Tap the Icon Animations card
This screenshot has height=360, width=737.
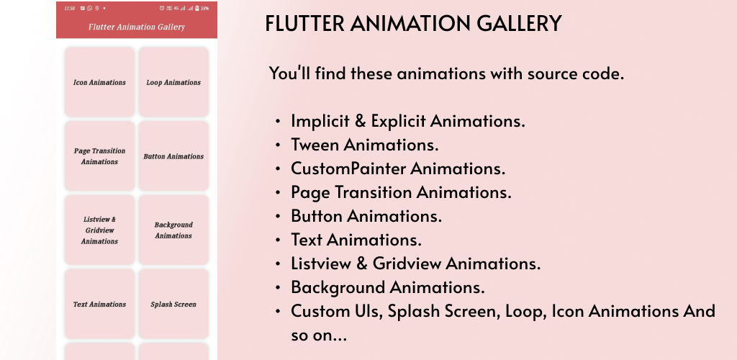click(99, 82)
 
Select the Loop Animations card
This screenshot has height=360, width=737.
click(173, 82)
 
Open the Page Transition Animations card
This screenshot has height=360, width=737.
click(99, 156)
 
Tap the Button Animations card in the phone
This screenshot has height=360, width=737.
click(173, 156)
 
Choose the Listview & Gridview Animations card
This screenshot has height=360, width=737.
click(99, 230)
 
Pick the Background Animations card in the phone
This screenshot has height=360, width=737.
click(173, 230)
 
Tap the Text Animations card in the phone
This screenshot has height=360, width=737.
click(99, 304)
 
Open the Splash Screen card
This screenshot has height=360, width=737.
click(173, 304)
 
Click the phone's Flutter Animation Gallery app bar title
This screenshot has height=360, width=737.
click(137, 27)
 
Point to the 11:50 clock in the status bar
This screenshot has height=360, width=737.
click(69, 9)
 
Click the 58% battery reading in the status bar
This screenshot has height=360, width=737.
click(205, 9)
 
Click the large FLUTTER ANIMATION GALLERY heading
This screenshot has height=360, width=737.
click(414, 24)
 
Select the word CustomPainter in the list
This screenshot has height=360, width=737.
click(349, 168)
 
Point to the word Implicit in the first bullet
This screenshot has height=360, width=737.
click(320, 121)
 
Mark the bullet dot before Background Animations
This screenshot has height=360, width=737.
click(279, 287)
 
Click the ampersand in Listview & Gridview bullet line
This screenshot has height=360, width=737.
click(362, 264)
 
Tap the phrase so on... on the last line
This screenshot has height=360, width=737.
click(319, 336)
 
